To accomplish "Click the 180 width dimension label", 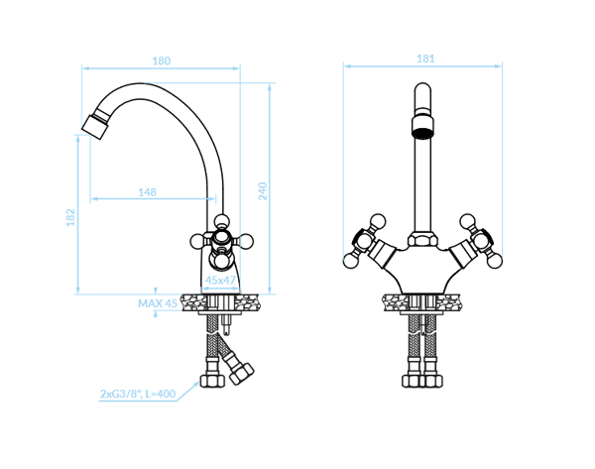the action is pos(162,60).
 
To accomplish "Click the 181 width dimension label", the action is pos(425,59).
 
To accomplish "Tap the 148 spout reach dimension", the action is pos(147,192).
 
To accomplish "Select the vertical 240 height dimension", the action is pos(263,190).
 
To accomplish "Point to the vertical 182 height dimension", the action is pos(70,217).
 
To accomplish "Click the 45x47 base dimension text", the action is pos(220,280).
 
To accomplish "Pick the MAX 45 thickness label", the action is pos(158,303).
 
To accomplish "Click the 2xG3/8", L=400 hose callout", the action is pos(138,394).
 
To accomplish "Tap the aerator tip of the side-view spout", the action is pos(95,126).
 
